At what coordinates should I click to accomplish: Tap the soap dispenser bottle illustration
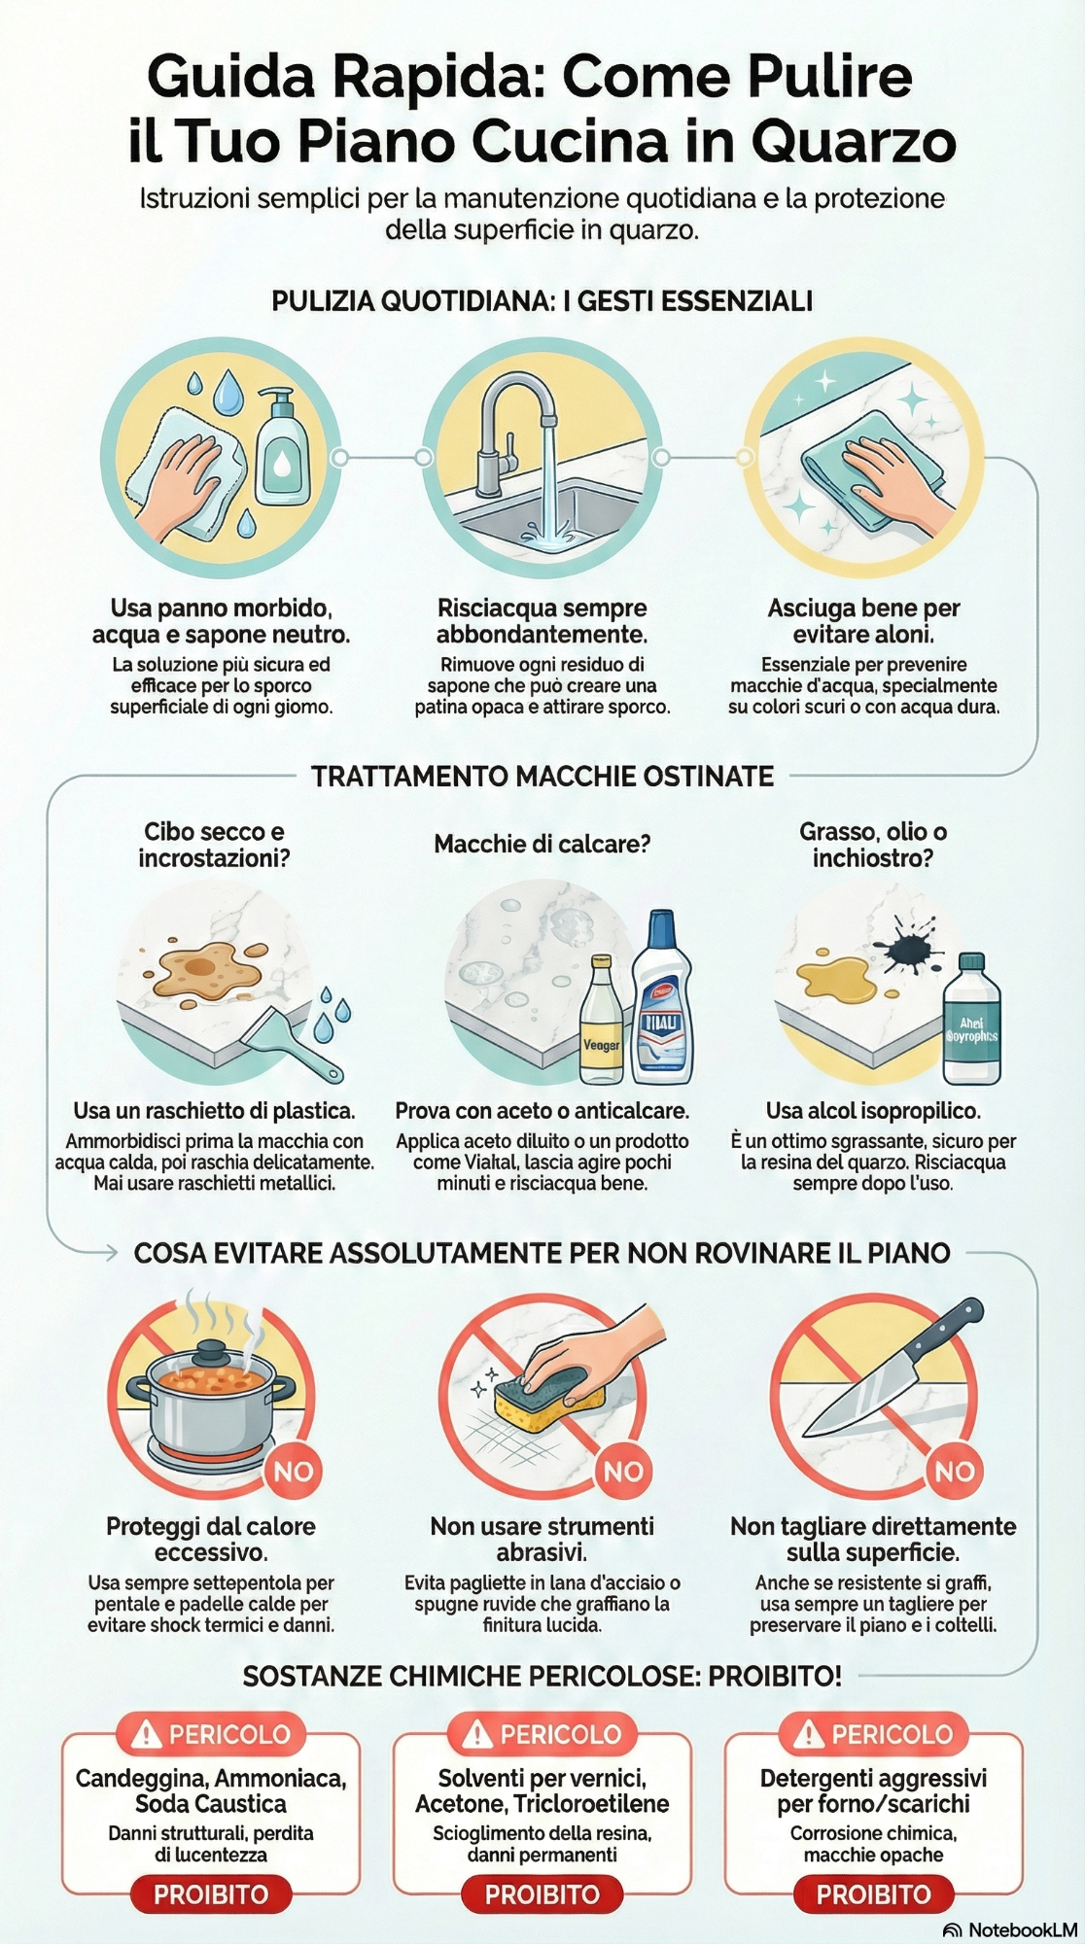coord(282,449)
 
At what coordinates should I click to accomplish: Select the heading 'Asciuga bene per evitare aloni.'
coord(863,621)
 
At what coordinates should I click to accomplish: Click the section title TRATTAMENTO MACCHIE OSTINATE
coord(542,777)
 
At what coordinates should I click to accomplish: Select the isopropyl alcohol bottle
coord(970,1023)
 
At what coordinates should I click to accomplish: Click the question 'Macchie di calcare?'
coord(542,844)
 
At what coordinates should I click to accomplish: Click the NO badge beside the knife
coord(955,1471)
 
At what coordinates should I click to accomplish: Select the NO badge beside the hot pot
coord(293,1471)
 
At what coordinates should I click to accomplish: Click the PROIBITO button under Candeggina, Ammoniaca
coord(211,1893)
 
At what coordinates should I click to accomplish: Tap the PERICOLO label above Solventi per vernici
coord(542,1733)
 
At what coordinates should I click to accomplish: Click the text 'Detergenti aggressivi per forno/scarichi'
coord(873,1790)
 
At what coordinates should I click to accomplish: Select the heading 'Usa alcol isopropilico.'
coord(873,1110)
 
